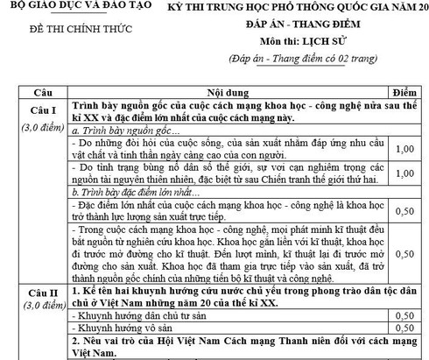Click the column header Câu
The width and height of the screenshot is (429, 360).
(x=32, y=92)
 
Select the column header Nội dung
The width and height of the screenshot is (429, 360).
(x=225, y=92)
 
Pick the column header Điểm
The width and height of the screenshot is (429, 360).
(x=404, y=92)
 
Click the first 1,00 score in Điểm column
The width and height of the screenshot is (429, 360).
(x=404, y=150)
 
